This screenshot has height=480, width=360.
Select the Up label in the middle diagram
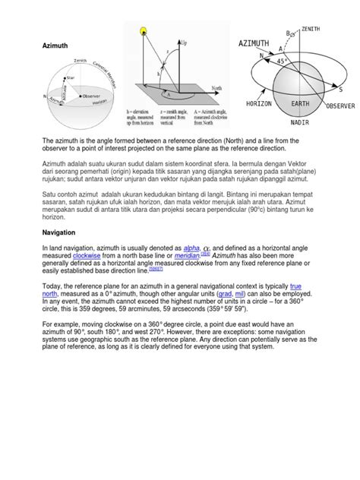click(x=184, y=44)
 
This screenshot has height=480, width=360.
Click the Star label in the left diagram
click(x=71, y=77)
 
